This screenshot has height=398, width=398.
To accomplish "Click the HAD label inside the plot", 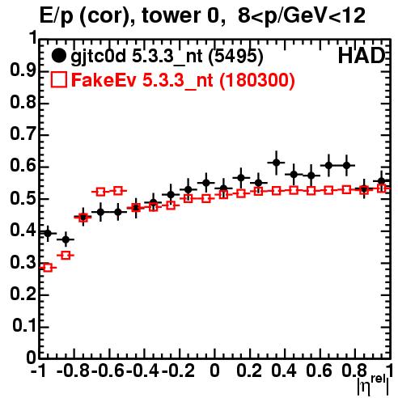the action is (x=362, y=56).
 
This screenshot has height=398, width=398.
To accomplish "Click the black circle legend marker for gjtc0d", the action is (x=58, y=56).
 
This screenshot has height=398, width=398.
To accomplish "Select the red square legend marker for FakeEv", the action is (x=58, y=80).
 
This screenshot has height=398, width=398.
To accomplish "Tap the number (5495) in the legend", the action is (x=235, y=57).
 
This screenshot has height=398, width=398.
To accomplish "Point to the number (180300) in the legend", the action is (x=257, y=80).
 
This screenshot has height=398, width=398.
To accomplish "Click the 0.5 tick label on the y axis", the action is (x=23, y=199).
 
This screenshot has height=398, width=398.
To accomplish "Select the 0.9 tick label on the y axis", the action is (x=23, y=71).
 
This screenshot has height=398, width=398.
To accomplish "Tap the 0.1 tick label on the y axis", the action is (x=24, y=326).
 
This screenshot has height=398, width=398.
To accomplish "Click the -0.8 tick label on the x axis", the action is (x=74, y=371).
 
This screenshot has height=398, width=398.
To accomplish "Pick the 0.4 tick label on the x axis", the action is (x=284, y=371).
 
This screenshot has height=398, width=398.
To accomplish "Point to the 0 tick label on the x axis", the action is (x=214, y=371).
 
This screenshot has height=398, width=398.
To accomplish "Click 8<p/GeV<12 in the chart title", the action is (x=302, y=16).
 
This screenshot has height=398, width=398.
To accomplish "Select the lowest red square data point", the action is (x=48, y=268).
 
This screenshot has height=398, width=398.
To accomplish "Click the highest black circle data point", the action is (x=276, y=163).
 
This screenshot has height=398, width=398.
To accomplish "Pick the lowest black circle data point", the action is (x=66, y=239).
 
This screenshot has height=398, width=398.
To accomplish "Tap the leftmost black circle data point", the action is (x=48, y=233).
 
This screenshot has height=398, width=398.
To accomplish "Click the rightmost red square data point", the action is (x=381, y=188).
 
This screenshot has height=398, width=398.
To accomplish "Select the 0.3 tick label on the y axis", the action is (x=23, y=262).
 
